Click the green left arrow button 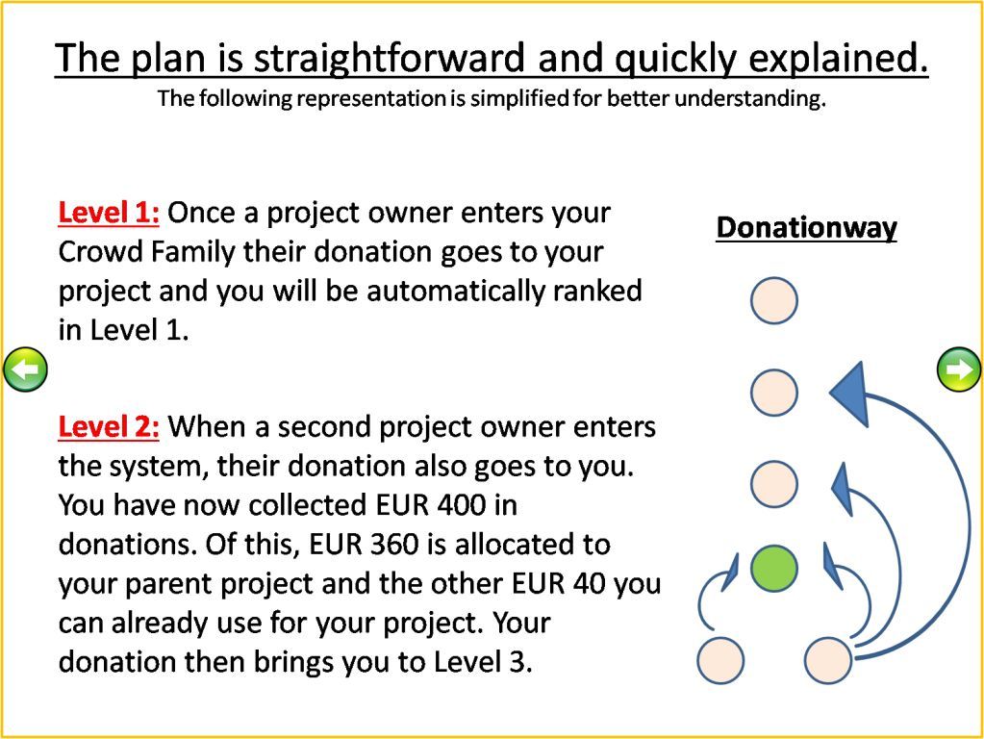[x=25, y=369]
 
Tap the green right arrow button [x=958, y=369]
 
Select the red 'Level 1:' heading [x=109, y=214]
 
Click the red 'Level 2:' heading [x=109, y=427]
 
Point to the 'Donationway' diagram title [x=806, y=228]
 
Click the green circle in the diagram [x=774, y=569]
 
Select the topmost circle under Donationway [x=774, y=301]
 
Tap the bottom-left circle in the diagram [x=721, y=660]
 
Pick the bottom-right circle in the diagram [x=828, y=660]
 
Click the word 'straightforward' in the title [x=390, y=59]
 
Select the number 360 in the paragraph [x=394, y=545]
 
